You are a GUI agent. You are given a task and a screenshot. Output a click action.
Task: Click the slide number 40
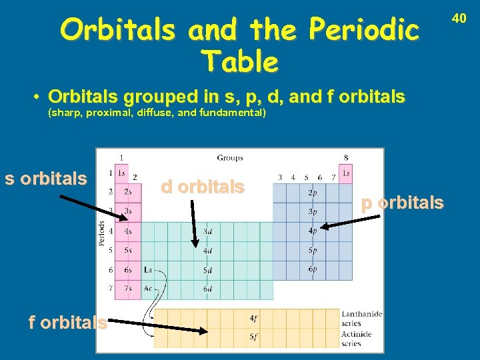click(x=459, y=19)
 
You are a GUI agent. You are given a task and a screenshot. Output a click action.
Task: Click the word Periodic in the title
click(x=366, y=30)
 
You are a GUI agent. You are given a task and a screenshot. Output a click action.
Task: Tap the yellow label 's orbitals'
click(x=46, y=179)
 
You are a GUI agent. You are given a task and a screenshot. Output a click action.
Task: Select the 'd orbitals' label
click(x=203, y=187)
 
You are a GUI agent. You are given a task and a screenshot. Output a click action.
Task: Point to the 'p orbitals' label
click(x=402, y=203)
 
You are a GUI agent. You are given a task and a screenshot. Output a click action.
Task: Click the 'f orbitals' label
click(x=67, y=323)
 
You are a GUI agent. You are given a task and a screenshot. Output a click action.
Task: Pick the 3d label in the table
click(x=208, y=231)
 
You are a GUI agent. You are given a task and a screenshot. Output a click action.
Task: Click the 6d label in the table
click(x=208, y=289)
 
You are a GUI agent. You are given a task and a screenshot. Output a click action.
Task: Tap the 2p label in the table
click(x=312, y=193)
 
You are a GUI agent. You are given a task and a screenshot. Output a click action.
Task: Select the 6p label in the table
click(x=312, y=269)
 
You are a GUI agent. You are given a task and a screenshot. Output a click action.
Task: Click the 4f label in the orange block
click(x=253, y=319)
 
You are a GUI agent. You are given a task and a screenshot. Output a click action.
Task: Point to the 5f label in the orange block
click(x=253, y=337)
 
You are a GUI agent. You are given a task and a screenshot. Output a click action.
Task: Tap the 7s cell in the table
click(x=127, y=289)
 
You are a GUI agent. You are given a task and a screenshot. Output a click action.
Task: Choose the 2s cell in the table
click(x=127, y=192)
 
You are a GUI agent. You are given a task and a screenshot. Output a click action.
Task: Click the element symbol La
click(x=147, y=271)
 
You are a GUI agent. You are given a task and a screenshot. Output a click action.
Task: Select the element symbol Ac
click(x=147, y=289)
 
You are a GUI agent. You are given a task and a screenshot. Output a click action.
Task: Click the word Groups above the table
click(x=229, y=158)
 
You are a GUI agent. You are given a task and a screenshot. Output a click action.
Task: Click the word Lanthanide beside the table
click(x=361, y=313)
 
